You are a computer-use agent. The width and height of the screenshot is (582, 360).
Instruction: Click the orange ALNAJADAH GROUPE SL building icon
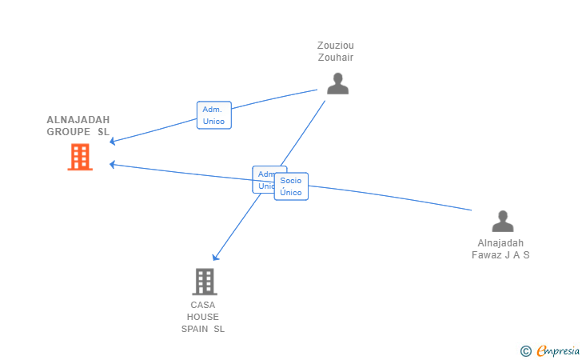[80, 157]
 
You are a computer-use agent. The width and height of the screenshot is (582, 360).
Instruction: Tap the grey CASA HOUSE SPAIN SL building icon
[205, 282]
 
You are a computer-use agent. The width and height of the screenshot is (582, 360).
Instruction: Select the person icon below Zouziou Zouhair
[337, 83]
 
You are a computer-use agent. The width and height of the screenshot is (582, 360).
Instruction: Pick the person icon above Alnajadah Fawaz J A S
[502, 221]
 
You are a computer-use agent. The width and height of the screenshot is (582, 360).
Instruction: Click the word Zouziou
[337, 46]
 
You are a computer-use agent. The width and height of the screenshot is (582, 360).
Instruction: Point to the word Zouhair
[337, 58]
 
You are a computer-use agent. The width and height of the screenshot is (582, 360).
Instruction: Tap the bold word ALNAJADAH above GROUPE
[78, 119]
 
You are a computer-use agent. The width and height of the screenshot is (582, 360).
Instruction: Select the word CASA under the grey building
[203, 305]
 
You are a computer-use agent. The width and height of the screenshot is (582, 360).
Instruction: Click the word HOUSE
[203, 317]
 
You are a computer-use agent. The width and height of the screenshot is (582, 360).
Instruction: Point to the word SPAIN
[195, 329]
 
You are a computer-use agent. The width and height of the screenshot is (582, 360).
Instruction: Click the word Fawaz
[488, 255]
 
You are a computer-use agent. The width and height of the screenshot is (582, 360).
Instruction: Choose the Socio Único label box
[291, 186]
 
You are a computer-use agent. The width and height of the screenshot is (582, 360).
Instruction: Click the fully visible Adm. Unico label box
[213, 115]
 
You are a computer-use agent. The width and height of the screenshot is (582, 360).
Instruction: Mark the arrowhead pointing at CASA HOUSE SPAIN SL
[215, 258]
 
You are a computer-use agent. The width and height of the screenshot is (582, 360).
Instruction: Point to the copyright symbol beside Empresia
[525, 350]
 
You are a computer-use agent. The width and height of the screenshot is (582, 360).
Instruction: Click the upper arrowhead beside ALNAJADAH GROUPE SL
[113, 142]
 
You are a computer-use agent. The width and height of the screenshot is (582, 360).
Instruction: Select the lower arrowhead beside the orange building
[113, 164]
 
